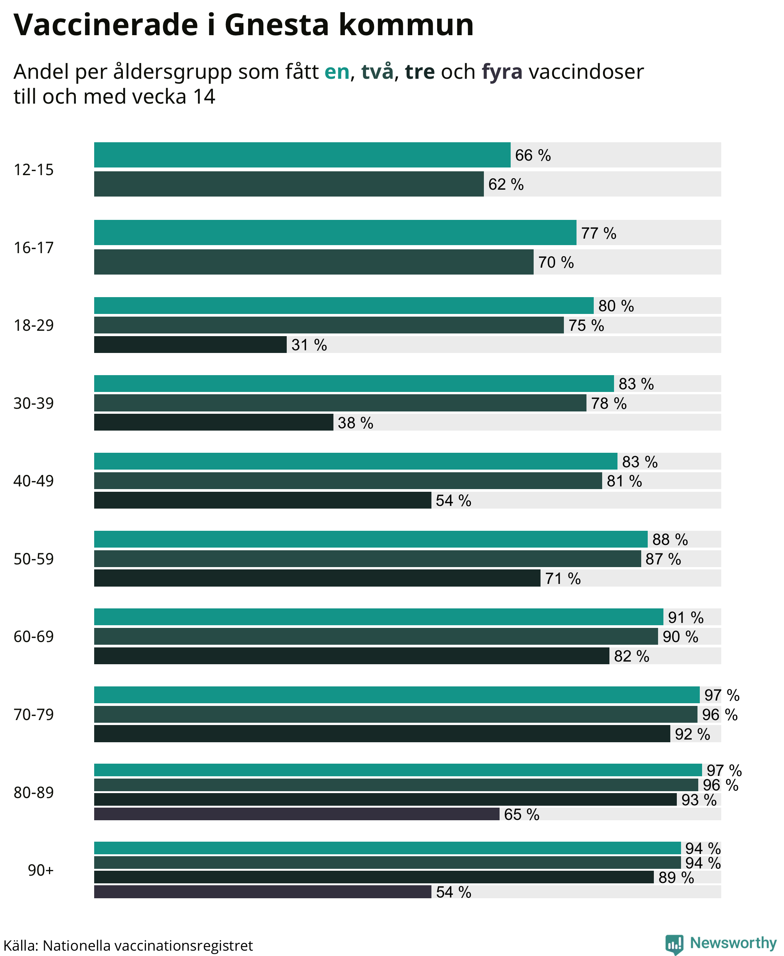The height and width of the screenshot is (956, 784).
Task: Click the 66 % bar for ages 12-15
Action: pos(302,155)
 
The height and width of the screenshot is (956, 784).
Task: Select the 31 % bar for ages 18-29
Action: pos(190,344)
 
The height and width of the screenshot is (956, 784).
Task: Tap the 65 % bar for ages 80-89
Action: pos(297,814)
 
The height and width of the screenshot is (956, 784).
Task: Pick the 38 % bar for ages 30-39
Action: pos(214,422)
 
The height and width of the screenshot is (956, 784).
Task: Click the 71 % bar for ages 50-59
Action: pos(317,578)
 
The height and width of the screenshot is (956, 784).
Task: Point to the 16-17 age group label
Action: pos(33,248)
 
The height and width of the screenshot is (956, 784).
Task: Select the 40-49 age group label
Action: pos(33,481)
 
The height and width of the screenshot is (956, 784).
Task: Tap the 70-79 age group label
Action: pos(33,715)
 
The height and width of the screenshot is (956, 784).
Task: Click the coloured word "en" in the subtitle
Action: pos(337,72)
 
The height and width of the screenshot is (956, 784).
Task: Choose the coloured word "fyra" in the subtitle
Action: pos(502,72)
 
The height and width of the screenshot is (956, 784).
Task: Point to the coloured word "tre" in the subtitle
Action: pos(420,72)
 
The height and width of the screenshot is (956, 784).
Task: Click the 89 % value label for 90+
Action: pos(676,878)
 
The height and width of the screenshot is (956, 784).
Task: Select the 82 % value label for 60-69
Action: pos(631,656)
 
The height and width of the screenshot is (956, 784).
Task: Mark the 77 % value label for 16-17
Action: pos(598,233)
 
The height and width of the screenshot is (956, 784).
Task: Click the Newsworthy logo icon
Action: pos(674,944)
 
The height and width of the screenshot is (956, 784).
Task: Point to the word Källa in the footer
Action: pos(21,945)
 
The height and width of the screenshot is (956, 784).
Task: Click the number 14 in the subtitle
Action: pos(204,96)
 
